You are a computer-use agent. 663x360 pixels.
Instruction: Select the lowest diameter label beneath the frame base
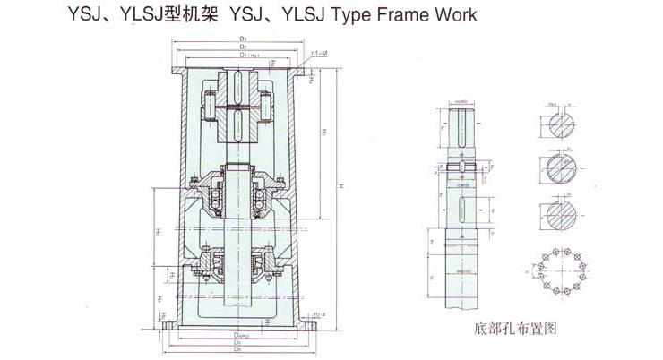click(x=237, y=350)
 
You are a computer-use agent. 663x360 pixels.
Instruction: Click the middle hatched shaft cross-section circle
click(x=560, y=169)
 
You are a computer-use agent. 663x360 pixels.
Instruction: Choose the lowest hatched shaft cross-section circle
click(x=560, y=215)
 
